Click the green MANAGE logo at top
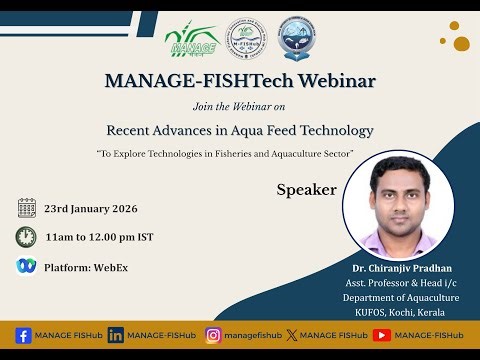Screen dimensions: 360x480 pos(191,42)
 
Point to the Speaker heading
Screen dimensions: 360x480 pos(306,189)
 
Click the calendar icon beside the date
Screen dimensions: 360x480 pos(27,208)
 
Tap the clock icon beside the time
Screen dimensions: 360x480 pos(26,237)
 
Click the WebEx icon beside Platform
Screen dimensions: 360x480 pos(26,266)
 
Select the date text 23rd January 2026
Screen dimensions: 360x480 pos(91,209)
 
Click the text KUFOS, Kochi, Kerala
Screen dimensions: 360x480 pos(401,312)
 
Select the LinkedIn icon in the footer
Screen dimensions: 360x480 pos(116,334)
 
